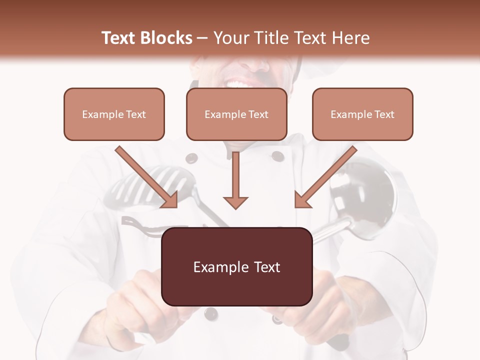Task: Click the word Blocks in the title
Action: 167,38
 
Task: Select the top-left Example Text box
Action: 114,114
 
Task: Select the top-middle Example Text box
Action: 236,114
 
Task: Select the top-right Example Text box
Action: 362,114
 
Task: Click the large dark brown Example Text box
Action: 237,267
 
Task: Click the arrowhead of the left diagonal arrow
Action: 170,200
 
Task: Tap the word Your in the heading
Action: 231,38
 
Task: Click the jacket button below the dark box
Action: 211,313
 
